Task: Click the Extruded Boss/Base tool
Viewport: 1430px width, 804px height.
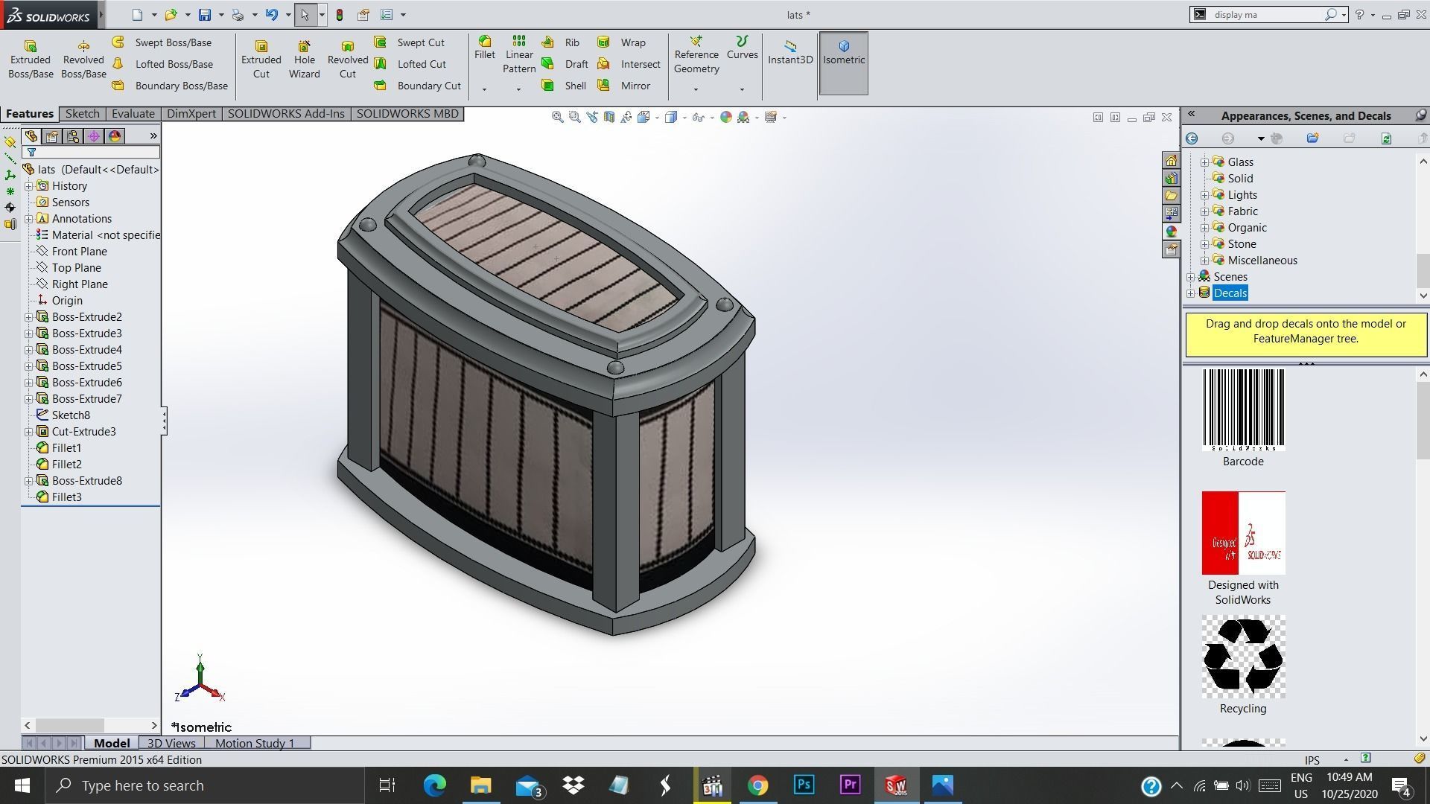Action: click(31, 59)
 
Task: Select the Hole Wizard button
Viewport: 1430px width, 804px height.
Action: click(304, 59)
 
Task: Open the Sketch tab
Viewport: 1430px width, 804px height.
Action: click(82, 114)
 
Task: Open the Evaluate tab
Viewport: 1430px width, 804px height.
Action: click(133, 114)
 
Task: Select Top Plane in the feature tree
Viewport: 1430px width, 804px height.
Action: click(76, 268)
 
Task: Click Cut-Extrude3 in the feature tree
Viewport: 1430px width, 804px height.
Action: click(83, 432)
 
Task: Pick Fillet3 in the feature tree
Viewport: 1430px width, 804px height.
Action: click(66, 497)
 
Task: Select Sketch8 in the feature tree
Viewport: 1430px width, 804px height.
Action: click(71, 415)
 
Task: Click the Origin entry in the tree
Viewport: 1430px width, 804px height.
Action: click(67, 301)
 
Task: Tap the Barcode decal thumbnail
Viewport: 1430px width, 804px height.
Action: click(1243, 410)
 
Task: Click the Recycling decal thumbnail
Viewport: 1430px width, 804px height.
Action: click(1243, 657)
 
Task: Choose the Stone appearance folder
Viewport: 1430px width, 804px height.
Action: click(1242, 244)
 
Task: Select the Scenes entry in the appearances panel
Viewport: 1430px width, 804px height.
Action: click(1230, 277)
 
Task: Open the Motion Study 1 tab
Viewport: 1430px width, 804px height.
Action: click(255, 743)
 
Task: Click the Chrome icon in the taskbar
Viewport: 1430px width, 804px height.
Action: click(757, 785)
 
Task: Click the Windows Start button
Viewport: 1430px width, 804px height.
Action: click(22, 785)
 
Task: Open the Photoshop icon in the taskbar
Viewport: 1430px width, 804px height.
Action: click(804, 785)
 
